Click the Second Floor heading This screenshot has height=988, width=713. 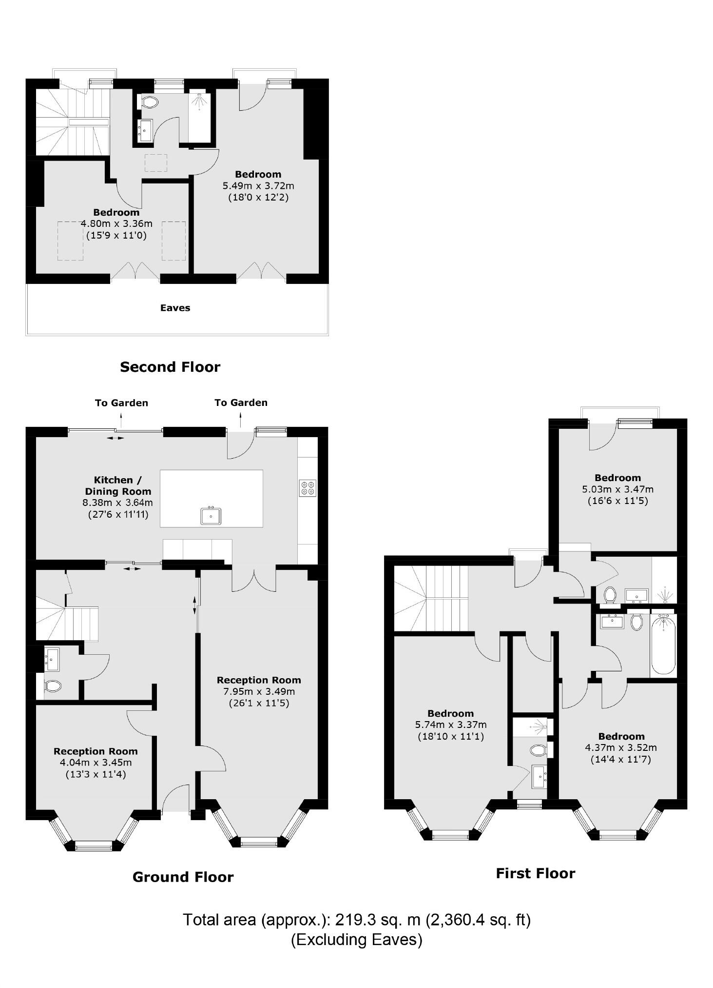pos(170,367)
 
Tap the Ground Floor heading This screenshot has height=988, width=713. pos(183,877)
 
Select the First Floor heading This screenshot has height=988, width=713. pos(536,873)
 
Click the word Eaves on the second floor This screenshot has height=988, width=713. pos(175,308)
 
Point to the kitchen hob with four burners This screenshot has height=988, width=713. pos(308,488)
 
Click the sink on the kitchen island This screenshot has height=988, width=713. pos(211,516)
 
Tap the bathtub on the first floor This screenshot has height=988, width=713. pos(663,644)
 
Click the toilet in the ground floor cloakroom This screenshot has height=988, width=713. pos(52,686)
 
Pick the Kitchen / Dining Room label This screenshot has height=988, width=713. pos(118,486)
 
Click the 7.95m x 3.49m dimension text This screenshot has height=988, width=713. pos(259,691)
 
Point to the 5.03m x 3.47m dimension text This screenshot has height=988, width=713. pos(618,489)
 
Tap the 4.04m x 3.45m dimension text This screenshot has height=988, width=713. pos(96,763)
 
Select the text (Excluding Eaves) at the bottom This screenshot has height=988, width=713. pos(357,939)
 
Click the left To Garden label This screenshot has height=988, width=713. pos(121,403)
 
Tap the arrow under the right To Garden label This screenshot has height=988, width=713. pos(241,420)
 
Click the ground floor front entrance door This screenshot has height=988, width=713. pos(175,798)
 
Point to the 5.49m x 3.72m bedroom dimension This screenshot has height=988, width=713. pos(258,186)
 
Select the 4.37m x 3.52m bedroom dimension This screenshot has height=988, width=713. pos(621,747)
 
